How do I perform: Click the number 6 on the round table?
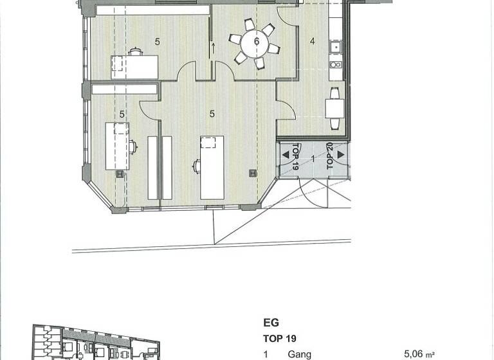(257, 42)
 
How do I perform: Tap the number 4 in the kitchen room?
(313, 42)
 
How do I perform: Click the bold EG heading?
(270, 323)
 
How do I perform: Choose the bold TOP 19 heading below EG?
(279, 338)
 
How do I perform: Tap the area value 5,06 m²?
(423, 354)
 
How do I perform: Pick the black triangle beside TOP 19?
(286, 155)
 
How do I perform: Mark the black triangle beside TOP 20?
(340, 155)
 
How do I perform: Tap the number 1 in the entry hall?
(313, 157)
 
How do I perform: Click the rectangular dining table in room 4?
(334, 107)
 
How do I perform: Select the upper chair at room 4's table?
(334, 92)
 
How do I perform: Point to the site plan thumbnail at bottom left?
(96, 344)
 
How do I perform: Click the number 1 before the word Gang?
(266, 354)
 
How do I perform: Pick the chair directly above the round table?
(250, 25)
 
